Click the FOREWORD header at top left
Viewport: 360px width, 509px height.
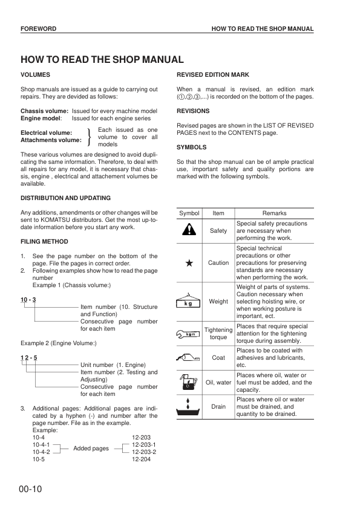tap(38, 29)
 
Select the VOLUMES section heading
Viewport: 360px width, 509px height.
tap(35, 74)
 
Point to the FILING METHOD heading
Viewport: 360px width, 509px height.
tap(45, 241)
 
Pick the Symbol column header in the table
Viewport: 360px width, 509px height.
tap(189, 213)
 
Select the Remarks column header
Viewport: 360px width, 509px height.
tap(275, 213)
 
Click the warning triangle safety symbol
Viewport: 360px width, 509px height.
tap(189, 230)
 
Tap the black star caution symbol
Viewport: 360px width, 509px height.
tap(189, 263)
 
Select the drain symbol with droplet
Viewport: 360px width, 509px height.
tap(189, 407)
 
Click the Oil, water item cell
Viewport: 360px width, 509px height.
tap(218, 382)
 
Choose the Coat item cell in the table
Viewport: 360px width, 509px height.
tap(218, 358)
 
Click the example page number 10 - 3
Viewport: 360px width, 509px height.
tap(28, 300)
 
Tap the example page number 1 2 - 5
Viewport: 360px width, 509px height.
tap(29, 358)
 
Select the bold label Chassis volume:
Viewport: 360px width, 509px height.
tap(45, 112)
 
